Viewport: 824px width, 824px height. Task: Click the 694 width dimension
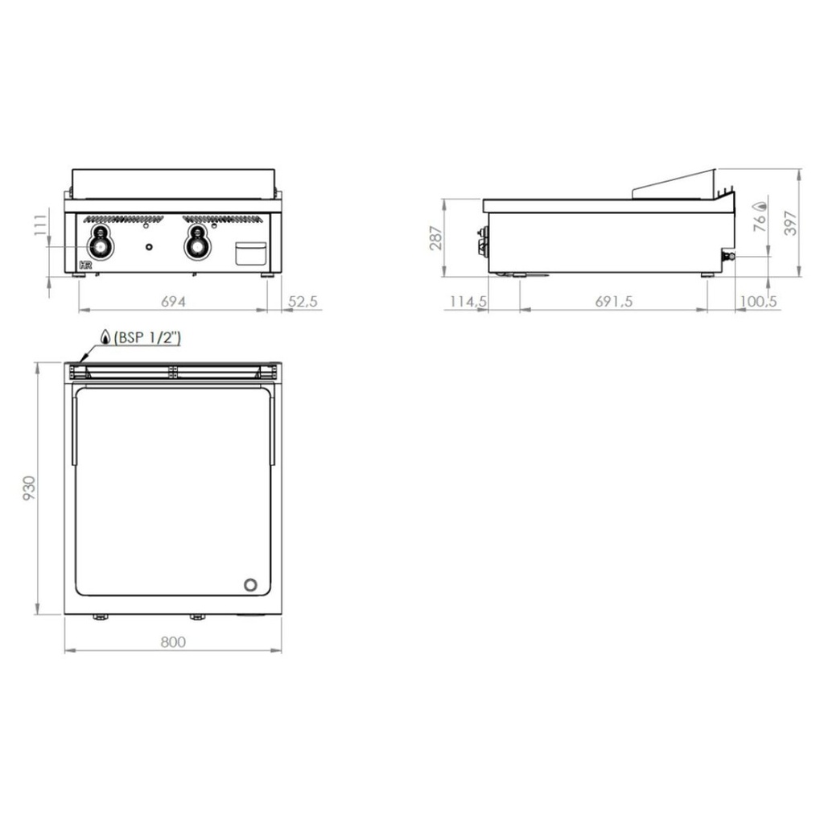point(173,302)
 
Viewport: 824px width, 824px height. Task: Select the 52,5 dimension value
point(303,302)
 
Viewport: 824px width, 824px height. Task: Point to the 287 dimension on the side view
point(435,237)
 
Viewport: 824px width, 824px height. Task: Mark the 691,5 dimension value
point(614,302)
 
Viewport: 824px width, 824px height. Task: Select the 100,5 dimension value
point(757,302)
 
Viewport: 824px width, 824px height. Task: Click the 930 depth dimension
point(29,488)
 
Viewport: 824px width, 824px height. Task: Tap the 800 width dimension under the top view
point(173,641)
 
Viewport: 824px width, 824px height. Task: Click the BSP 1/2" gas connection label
point(147,338)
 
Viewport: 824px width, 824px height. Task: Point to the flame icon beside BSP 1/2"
point(105,337)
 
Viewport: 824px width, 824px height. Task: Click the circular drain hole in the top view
point(251,585)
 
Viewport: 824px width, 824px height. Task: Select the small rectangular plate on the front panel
point(250,253)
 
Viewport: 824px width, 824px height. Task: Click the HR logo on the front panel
point(85,265)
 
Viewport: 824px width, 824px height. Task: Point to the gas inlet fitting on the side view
point(728,256)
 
